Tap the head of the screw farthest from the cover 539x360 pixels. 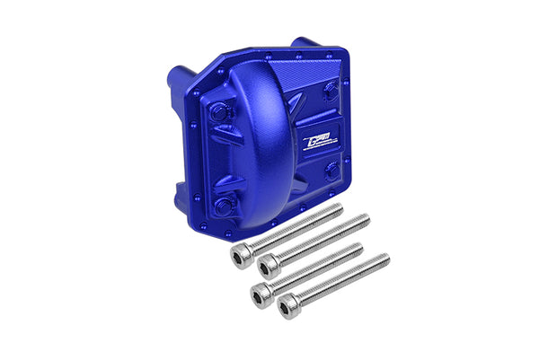point(289,309)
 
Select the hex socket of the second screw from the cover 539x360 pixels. point(267,266)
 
